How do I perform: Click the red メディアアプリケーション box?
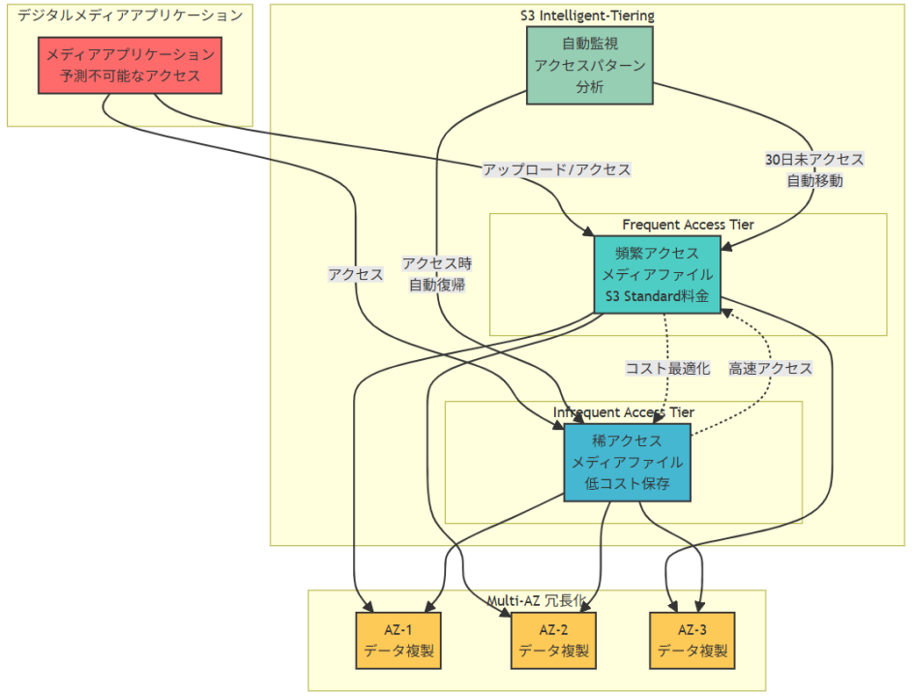pos(130,65)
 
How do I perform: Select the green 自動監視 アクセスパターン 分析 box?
pos(589,65)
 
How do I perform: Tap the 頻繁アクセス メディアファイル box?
pos(657,274)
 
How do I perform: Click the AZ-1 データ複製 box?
pos(399,640)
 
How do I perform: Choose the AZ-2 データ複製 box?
pos(553,640)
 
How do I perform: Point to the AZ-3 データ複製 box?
pos(692,640)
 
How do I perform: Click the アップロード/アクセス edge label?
pos(556,169)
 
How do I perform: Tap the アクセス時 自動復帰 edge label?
pos(436,274)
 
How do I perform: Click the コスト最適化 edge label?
pos(667,368)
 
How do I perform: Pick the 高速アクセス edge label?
pos(770,368)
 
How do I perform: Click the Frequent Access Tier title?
pos(688,225)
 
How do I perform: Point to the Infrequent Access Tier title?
pos(623,412)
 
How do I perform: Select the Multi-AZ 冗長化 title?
pos(536,601)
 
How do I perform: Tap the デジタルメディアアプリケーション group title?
pos(130,15)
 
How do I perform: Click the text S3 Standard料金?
pos(657,296)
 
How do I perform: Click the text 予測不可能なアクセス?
pos(130,76)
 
